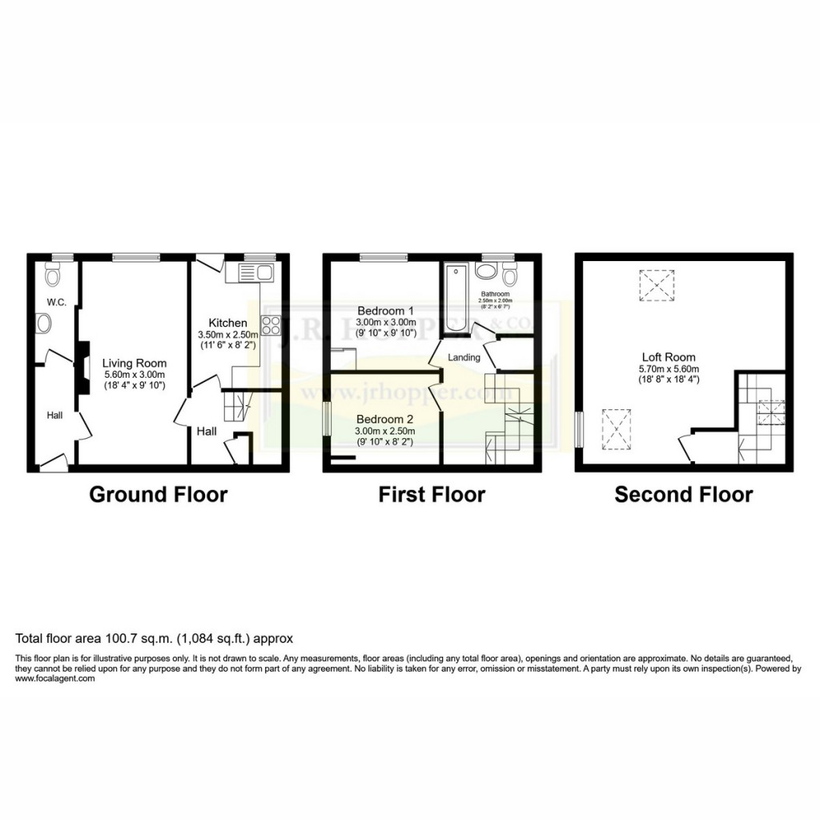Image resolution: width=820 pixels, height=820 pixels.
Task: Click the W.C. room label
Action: pyautogui.click(x=55, y=302)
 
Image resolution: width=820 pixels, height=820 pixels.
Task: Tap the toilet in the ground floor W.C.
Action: pyautogui.click(x=54, y=276)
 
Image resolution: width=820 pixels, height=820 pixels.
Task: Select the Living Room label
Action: pyautogui.click(x=134, y=363)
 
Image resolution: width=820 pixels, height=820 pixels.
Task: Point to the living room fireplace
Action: pyautogui.click(x=82, y=368)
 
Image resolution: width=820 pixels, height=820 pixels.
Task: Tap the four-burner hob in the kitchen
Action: pyautogui.click(x=271, y=325)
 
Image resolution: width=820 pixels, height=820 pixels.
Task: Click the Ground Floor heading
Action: pyautogui.click(x=158, y=494)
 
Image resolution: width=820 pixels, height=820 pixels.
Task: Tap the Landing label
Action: pyautogui.click(x=464, y=357)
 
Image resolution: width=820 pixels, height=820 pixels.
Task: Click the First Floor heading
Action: pyautogui.click(x=432, y=494)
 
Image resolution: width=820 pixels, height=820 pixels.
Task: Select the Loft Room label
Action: pyautogui.click(x=669, y=357)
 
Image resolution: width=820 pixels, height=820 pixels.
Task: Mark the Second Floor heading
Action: pyautogui.click(x=683, y=494)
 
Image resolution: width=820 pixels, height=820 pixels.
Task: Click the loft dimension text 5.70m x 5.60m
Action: pyautogui.click(x=669, y=368)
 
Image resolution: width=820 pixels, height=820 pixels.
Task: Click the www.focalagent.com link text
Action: pyautogui.click(x=55, y=678)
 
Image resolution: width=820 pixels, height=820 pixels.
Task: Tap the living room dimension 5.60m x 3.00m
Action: pyautogui.click(x=134, y=374)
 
